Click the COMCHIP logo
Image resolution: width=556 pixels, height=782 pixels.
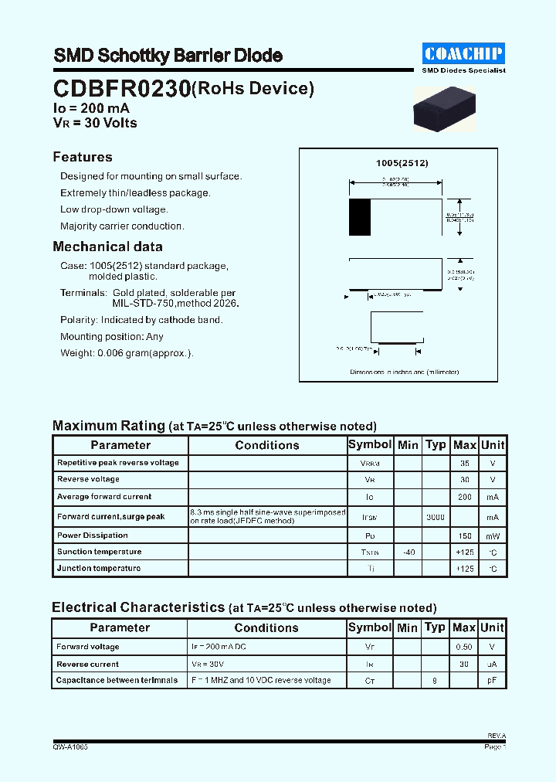(463, 53)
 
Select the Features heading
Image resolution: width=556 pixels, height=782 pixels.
(83, 157)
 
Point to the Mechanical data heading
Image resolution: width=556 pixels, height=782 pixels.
(107, 246)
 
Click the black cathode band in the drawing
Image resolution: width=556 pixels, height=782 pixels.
(359, 217)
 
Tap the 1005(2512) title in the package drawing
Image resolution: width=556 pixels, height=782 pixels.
(402, 163)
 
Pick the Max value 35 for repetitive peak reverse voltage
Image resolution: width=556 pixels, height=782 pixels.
(464, 463)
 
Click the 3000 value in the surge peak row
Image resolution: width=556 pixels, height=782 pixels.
(436, 516)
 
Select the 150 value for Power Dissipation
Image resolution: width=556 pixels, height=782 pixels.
(464, 535)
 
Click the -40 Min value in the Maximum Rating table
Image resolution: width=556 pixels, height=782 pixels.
(408, 552)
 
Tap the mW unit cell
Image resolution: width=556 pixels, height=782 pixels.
(493, 535)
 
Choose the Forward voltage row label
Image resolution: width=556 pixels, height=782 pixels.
(88, 647)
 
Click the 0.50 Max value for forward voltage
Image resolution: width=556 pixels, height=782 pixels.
(464, 647)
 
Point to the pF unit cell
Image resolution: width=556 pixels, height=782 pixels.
(493, 680)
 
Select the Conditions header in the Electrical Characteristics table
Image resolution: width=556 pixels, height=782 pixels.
(266, 628)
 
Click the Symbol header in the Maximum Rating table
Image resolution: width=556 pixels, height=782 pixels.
(370, 444)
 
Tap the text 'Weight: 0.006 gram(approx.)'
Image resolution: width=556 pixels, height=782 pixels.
(127, 353)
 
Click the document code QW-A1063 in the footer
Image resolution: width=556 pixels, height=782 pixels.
(70, 747)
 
